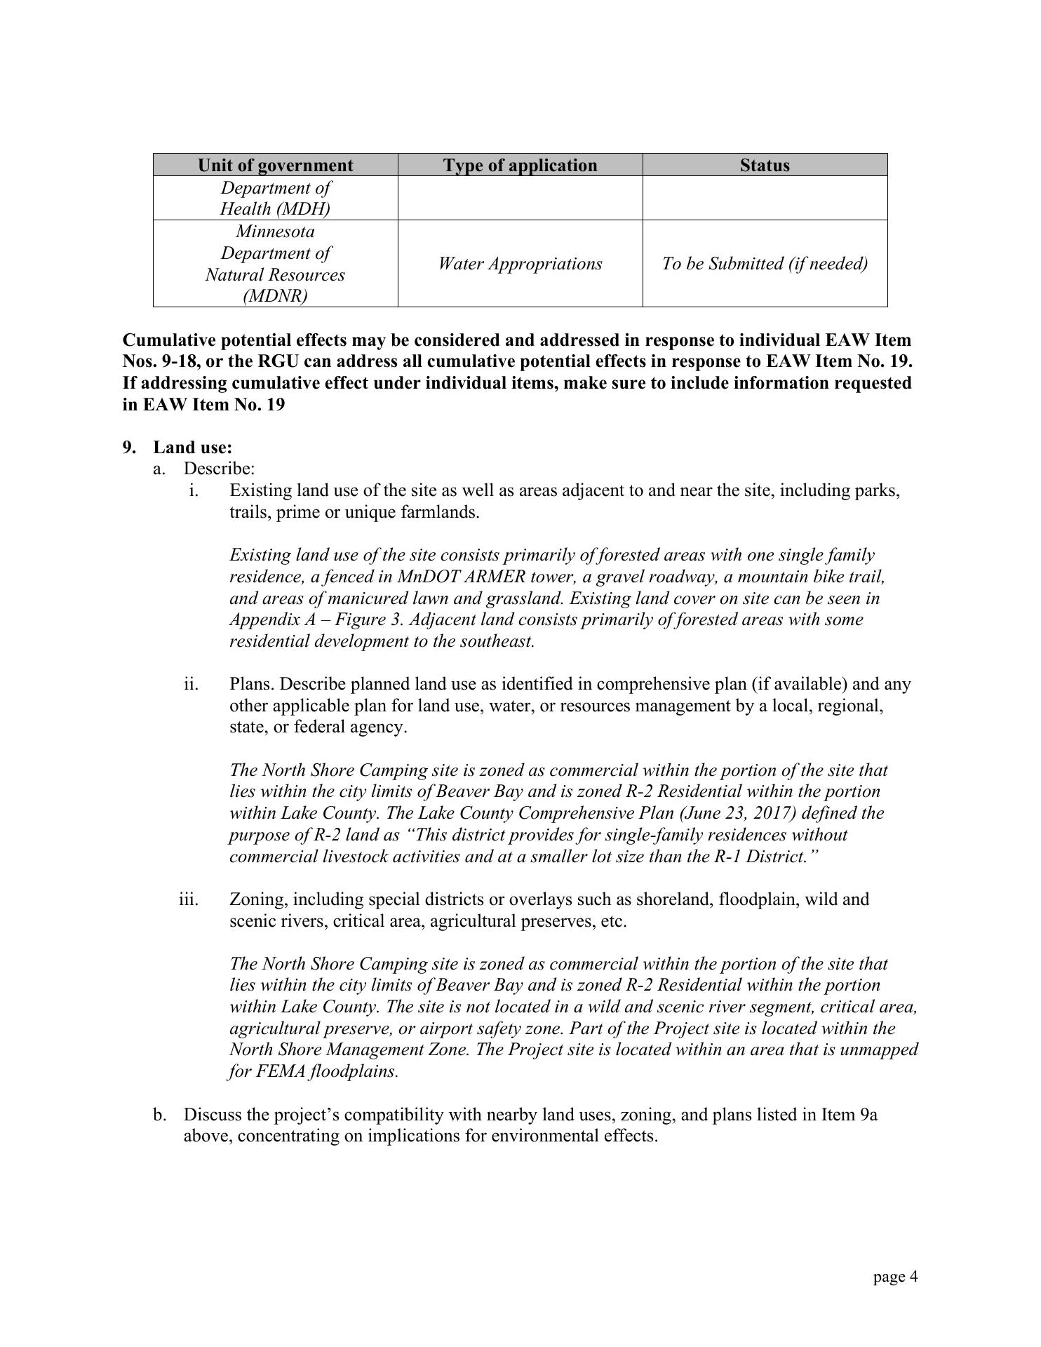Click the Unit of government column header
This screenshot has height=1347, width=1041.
[275, 166]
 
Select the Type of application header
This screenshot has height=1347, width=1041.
[520, 166]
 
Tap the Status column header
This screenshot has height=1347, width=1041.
[765, 166]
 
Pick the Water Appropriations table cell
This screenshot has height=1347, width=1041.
[520, 264]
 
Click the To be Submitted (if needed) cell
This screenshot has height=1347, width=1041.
[765, 264]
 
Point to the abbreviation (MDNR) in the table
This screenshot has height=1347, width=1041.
[275, 296]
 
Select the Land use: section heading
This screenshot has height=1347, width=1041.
[193, 448]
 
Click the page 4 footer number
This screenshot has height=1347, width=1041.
[895, 1277]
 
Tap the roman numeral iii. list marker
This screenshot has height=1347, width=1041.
[189, 899]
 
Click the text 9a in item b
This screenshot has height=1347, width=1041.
[868, 1115]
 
